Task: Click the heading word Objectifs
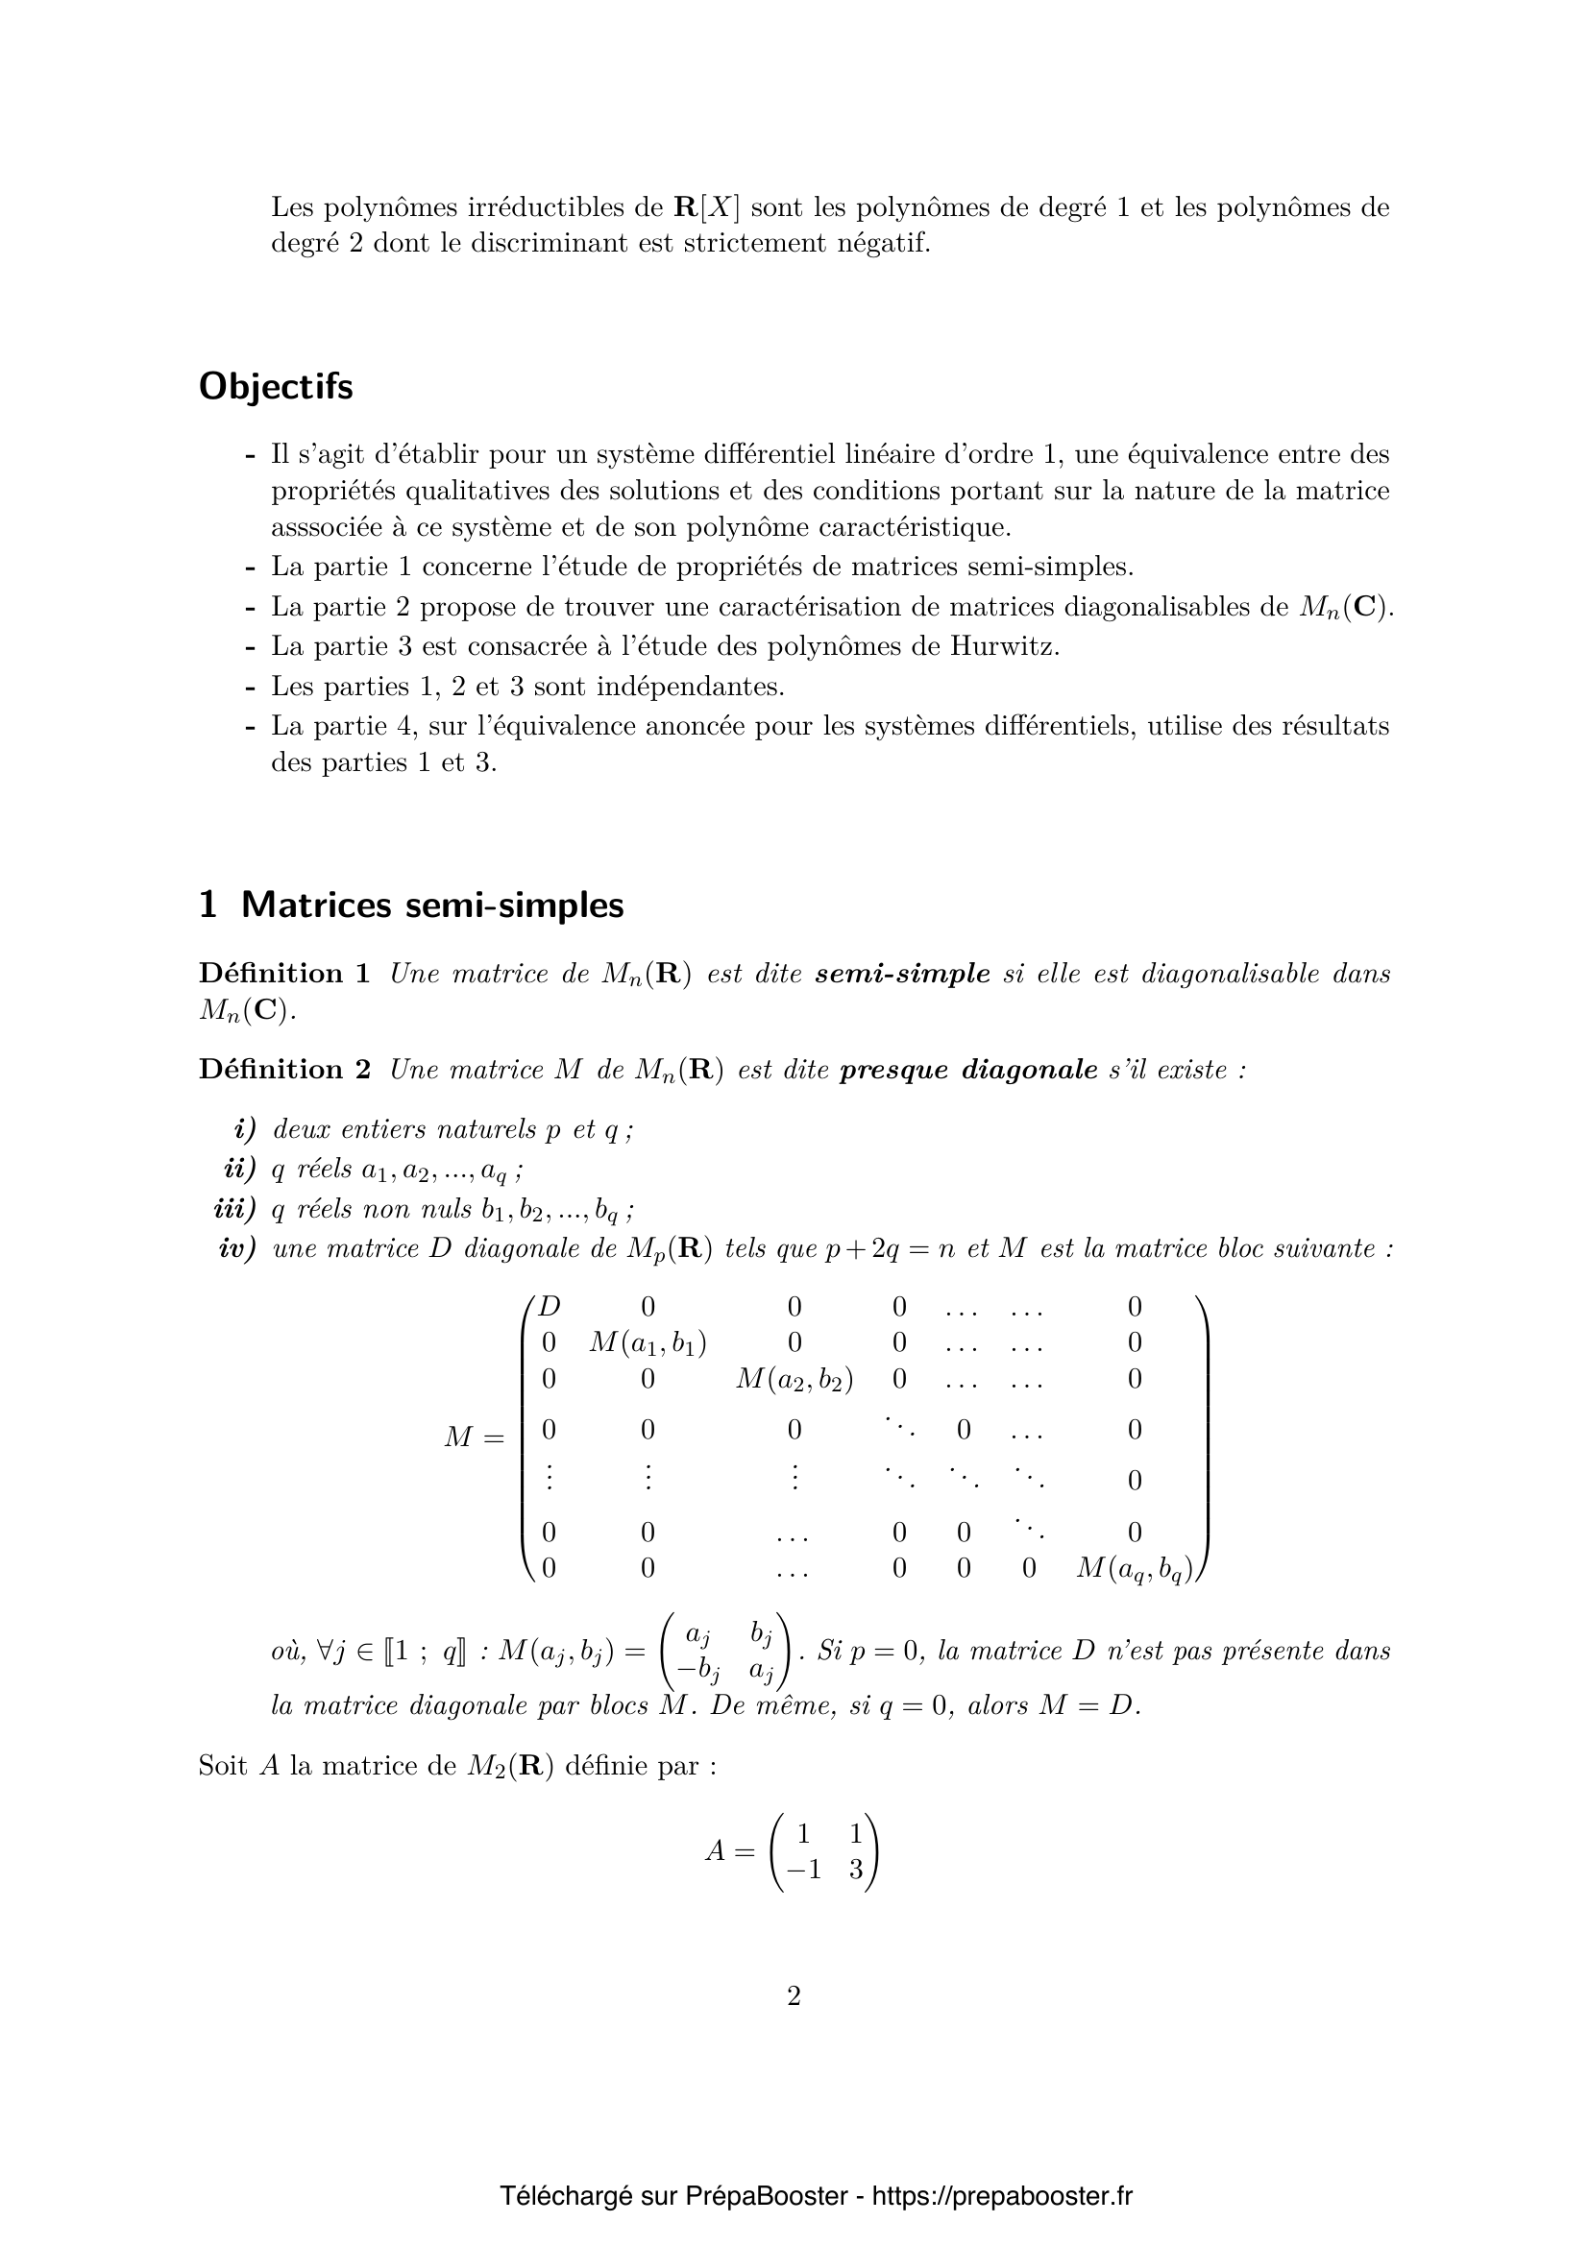click(x=275, y=387)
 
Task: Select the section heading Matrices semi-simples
click(x=431, y=905)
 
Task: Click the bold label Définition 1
click(x=283, y=974)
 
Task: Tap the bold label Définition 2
click(x=283, y=1069)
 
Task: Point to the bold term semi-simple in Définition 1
click(x=902, y=974)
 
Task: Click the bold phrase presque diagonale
click(x=968, y=1069)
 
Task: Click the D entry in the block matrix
click(x=550, y=1307)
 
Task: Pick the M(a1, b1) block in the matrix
click(x=648, y=1342)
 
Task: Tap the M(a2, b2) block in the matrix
click(x=794, y=1379)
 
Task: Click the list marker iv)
click(x=236, y=1249)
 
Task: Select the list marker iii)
click(x=233, y=1209)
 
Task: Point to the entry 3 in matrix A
click(x=856, y=1870)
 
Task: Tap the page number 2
click(x=794, y=1995)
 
